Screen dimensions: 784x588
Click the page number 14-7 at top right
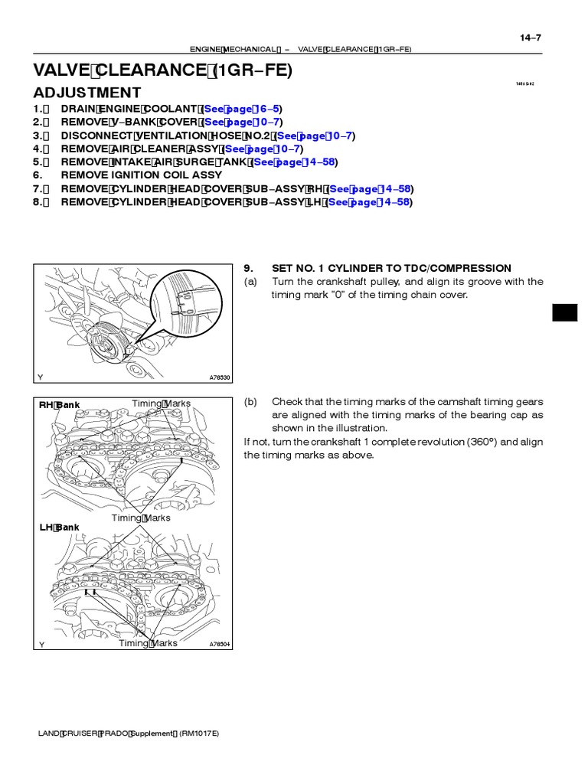(531, 37)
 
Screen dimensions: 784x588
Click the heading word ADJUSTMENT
(87, 93)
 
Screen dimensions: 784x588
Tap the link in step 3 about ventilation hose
(315, 136)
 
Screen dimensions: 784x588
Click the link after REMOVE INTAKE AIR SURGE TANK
(295, 162)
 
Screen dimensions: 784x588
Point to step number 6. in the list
(39, 175)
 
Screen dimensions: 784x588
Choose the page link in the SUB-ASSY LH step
(370, 202)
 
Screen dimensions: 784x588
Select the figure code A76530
(220, 377)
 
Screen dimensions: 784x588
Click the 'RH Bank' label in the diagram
(60, 405)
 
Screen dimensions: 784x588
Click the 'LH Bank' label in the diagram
(59, 528)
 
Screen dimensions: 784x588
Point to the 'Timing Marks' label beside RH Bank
(161, 403)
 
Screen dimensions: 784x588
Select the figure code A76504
(220, 645)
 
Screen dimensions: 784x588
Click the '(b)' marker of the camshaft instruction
(250, 402)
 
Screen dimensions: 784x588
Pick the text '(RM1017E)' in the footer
(200, 733)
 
